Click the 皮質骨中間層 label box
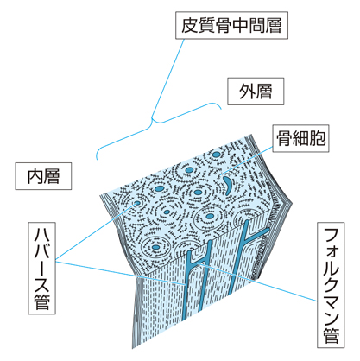click(x=231, y=25)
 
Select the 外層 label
click(x=256, y=92)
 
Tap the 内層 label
click(x=43, y=176)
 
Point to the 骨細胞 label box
click(x=300, y=138)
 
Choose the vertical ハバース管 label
click(x=41, y=268)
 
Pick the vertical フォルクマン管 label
click(x=331, y=285)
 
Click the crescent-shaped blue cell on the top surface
click(x=228, y=184)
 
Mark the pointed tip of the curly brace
click(x=152, y=117)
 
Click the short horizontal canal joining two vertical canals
click(x=199, y=262)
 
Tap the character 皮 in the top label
click(x=190, y=25)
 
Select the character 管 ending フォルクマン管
click(x=331, y=335)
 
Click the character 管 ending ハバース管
click(x=41, y=301)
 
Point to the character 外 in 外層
click(x=247, y=92)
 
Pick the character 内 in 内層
click(x=35, y=176)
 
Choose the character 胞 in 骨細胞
click(x=318, y=138)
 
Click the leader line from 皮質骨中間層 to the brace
click(x=167, y=79)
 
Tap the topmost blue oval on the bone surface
click(x=216, y=155)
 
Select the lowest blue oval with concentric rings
click(x=155, y=247)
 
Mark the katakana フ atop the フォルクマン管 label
click(x=331, y=237)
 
